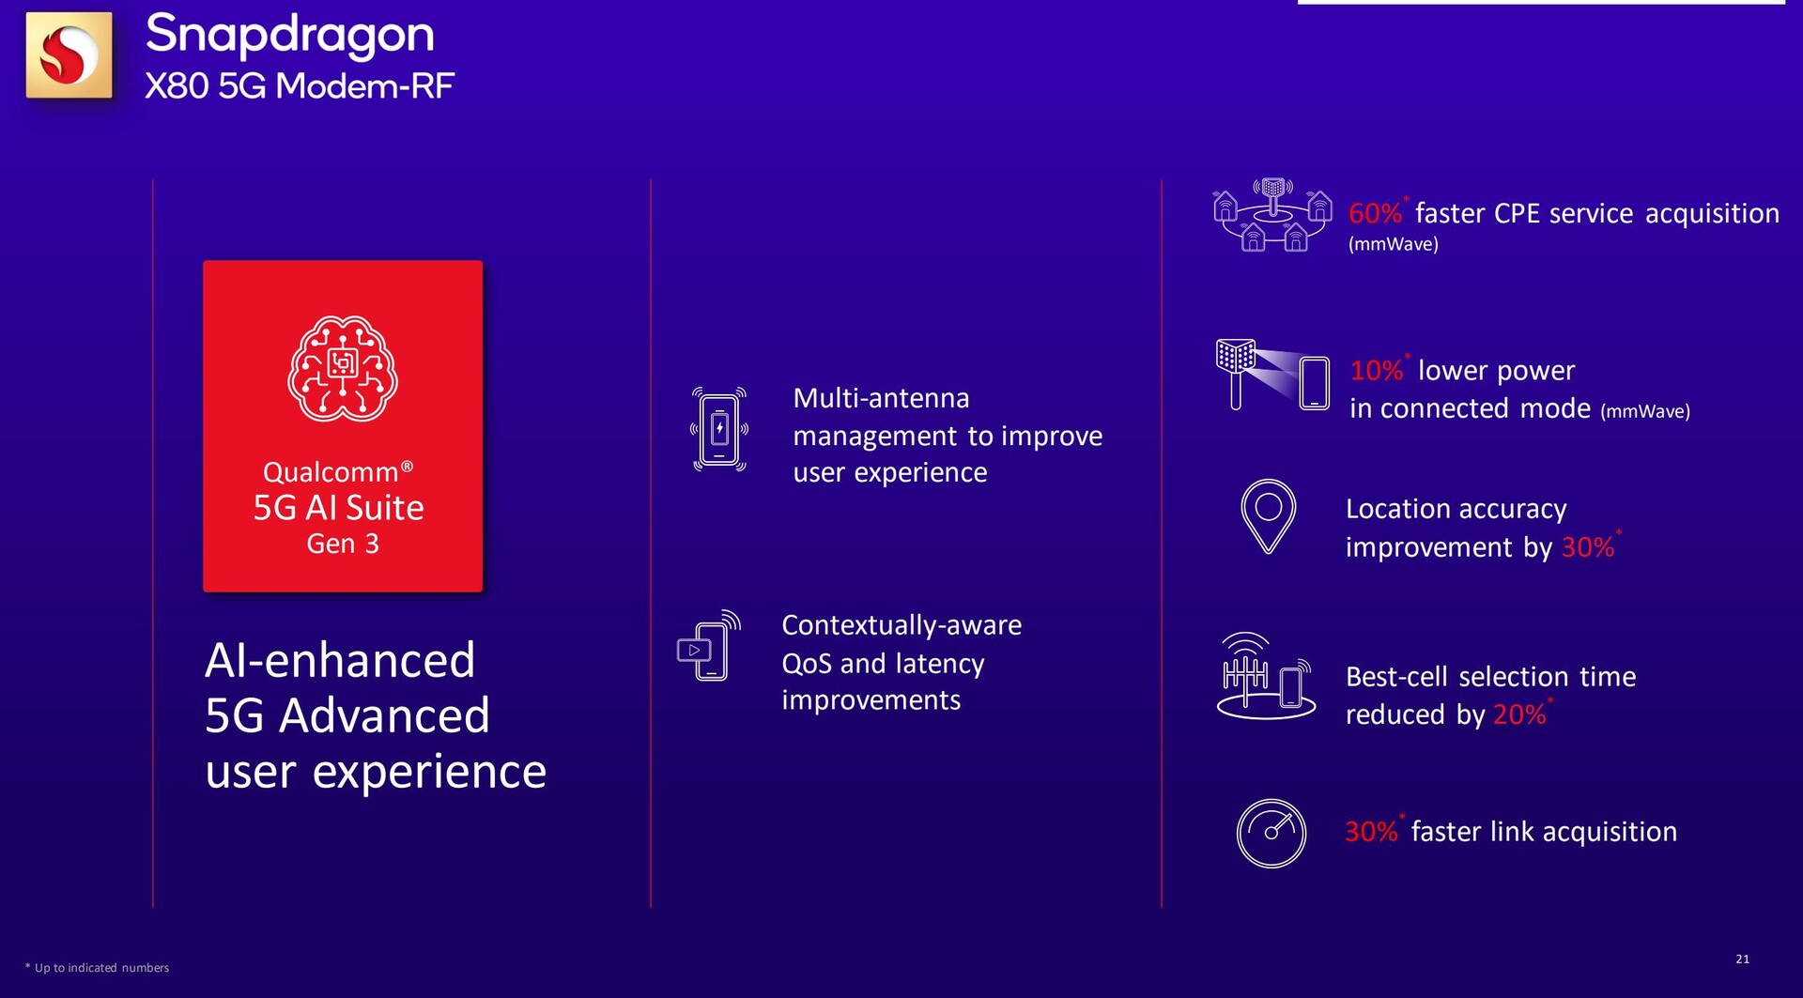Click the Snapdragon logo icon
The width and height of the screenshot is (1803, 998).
[x=69, y=54]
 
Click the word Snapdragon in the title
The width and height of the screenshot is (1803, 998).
[x=289, y=35]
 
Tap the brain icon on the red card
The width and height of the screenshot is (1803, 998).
[x=343, y=368]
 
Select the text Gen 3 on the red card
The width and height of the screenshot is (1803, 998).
[x=343, y=544]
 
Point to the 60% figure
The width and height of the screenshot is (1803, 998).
[x=1375, y=213]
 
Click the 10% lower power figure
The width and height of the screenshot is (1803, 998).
[x=1376, y=370]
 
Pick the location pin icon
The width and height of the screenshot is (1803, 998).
[x=1268, y=516]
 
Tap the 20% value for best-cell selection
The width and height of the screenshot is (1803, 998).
[x=1519, y=714]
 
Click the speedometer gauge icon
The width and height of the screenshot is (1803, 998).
[x=1271, y=833]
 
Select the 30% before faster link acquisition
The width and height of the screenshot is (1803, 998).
[x=1371, y=831]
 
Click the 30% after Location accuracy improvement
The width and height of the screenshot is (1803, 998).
[x=1587, y=547]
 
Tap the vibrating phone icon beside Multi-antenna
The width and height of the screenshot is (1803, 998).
[x=719, y=429]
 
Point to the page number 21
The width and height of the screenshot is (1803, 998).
[x=1742, y=959]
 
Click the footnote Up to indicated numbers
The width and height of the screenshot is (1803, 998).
[x=101, y=968]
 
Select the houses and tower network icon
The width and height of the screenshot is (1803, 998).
[x=1272, y=215]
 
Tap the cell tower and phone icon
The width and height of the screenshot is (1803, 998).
[x=1266, y=676]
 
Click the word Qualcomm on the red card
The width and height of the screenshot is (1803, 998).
[x=331, y=471]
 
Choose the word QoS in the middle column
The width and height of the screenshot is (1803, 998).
[x=807, y=664]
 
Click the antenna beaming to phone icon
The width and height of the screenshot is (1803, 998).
[x=1272, y=375]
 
